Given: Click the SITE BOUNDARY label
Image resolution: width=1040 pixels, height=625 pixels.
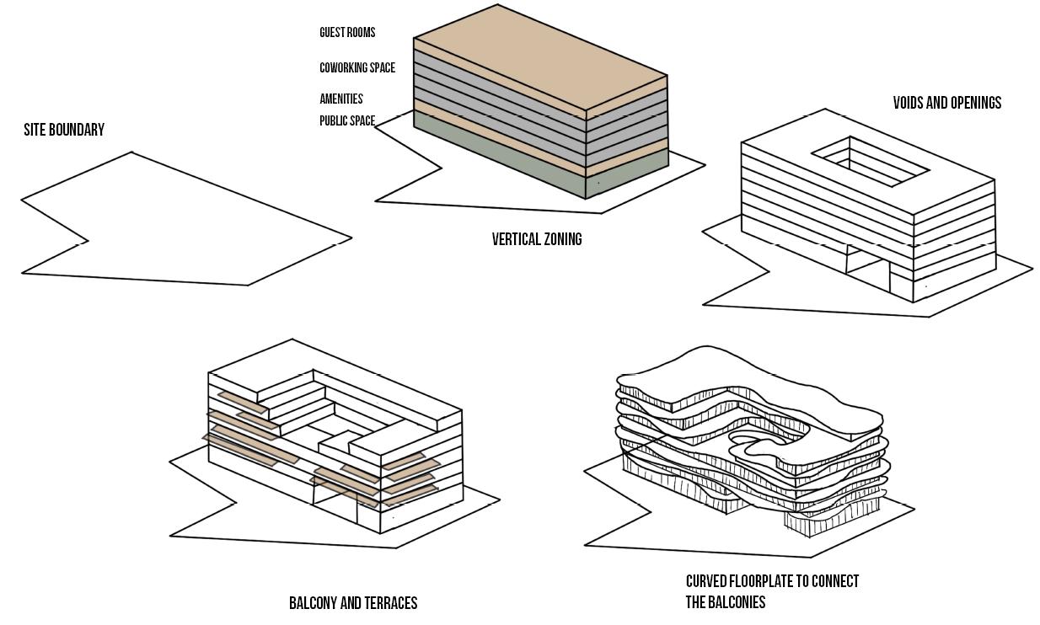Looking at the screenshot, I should (x=64, y=130).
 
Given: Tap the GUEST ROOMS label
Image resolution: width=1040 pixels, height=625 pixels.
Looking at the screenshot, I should (x=347, y=33).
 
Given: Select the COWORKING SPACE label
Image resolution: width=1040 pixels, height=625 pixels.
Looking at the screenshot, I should (x=357, y=68).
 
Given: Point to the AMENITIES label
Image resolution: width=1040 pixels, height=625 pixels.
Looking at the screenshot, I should (x=341, y=99).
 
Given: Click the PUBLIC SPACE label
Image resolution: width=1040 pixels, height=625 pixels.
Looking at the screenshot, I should (x=347, y=121).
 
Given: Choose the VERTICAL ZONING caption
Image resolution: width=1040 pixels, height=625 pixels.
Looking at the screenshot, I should (x=537, y=239).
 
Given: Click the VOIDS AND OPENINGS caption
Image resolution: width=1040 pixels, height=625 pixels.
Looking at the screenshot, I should (x=947, y=103).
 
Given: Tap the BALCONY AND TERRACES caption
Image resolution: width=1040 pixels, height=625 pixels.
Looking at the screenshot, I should (x=353, y=603).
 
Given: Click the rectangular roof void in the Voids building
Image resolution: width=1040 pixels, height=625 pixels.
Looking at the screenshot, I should (x=871, y=161).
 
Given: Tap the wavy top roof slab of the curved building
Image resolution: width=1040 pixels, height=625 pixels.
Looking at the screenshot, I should (x=742, y=383).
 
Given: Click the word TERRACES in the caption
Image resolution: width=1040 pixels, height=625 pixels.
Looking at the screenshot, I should (x=389, y=603).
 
